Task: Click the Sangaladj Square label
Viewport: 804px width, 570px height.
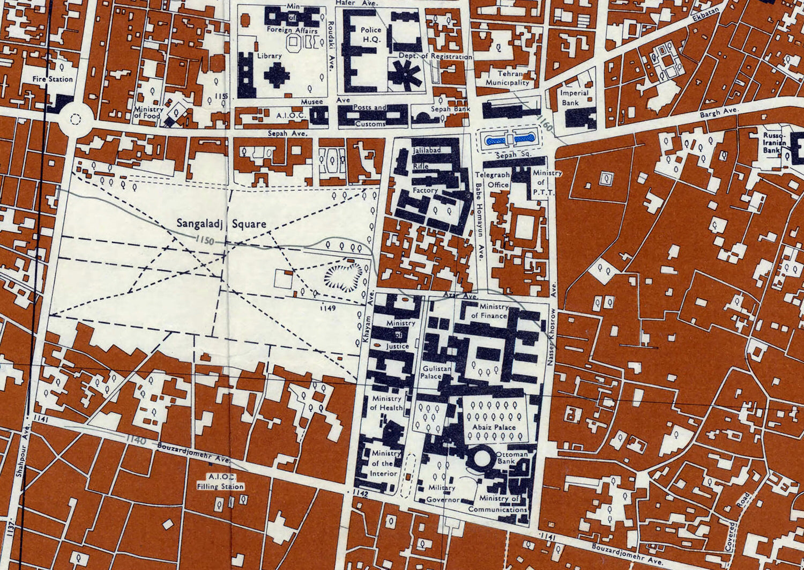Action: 221,224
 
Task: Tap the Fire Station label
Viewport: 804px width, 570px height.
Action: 53,79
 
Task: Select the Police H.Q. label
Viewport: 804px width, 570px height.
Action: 370,35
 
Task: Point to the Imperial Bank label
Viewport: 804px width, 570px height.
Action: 574,97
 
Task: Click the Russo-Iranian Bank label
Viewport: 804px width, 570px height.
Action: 775,143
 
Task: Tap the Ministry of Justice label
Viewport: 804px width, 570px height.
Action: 400,335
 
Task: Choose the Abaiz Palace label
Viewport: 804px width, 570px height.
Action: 494,427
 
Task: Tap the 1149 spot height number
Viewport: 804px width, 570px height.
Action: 327,309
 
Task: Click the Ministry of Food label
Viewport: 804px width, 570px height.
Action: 148,112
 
